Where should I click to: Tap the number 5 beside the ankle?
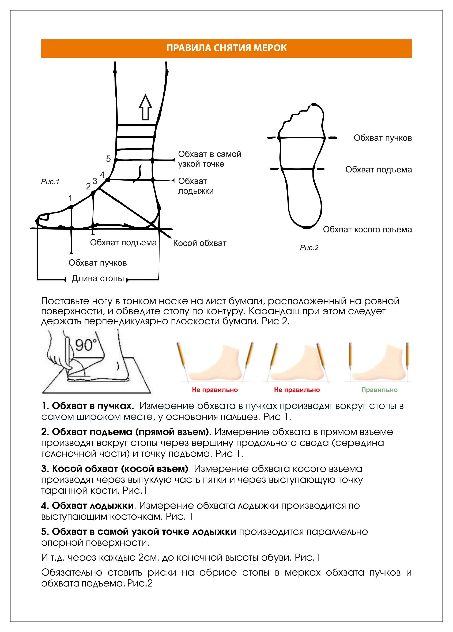coord(108,159)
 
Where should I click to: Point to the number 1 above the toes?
coord(70,198)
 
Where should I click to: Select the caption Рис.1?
coord(50,182)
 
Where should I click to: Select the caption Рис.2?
coord(309,248)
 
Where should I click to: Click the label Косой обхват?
coord(200,243)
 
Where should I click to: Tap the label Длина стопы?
coord(98,278)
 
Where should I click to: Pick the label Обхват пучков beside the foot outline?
coord(383,138)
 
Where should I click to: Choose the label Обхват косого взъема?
coord(367,230)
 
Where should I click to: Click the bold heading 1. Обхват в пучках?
coord(88,406)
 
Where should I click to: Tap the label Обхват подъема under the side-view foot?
coord(123,243)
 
